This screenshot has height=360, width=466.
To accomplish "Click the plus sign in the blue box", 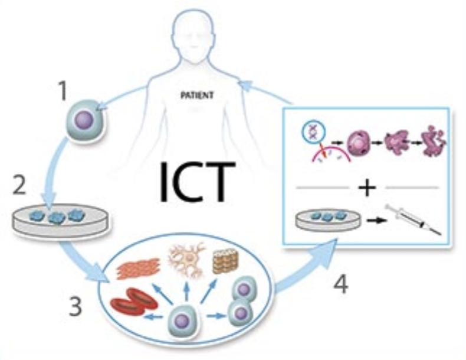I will (366, 188).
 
